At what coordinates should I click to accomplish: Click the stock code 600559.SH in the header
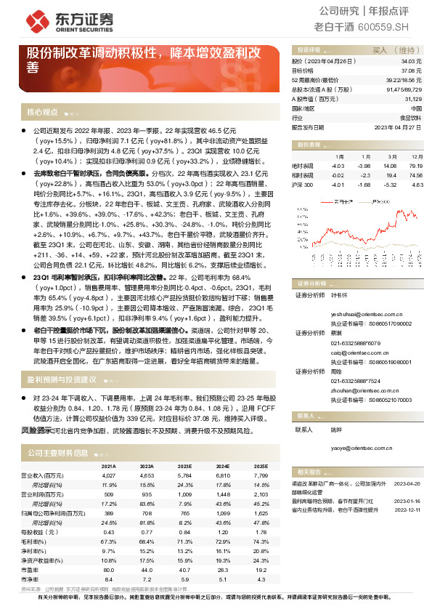click(x=384, y=28)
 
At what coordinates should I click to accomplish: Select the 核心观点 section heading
click(x=42, y=112)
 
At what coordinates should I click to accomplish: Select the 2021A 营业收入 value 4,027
click(x=109, y=475)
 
